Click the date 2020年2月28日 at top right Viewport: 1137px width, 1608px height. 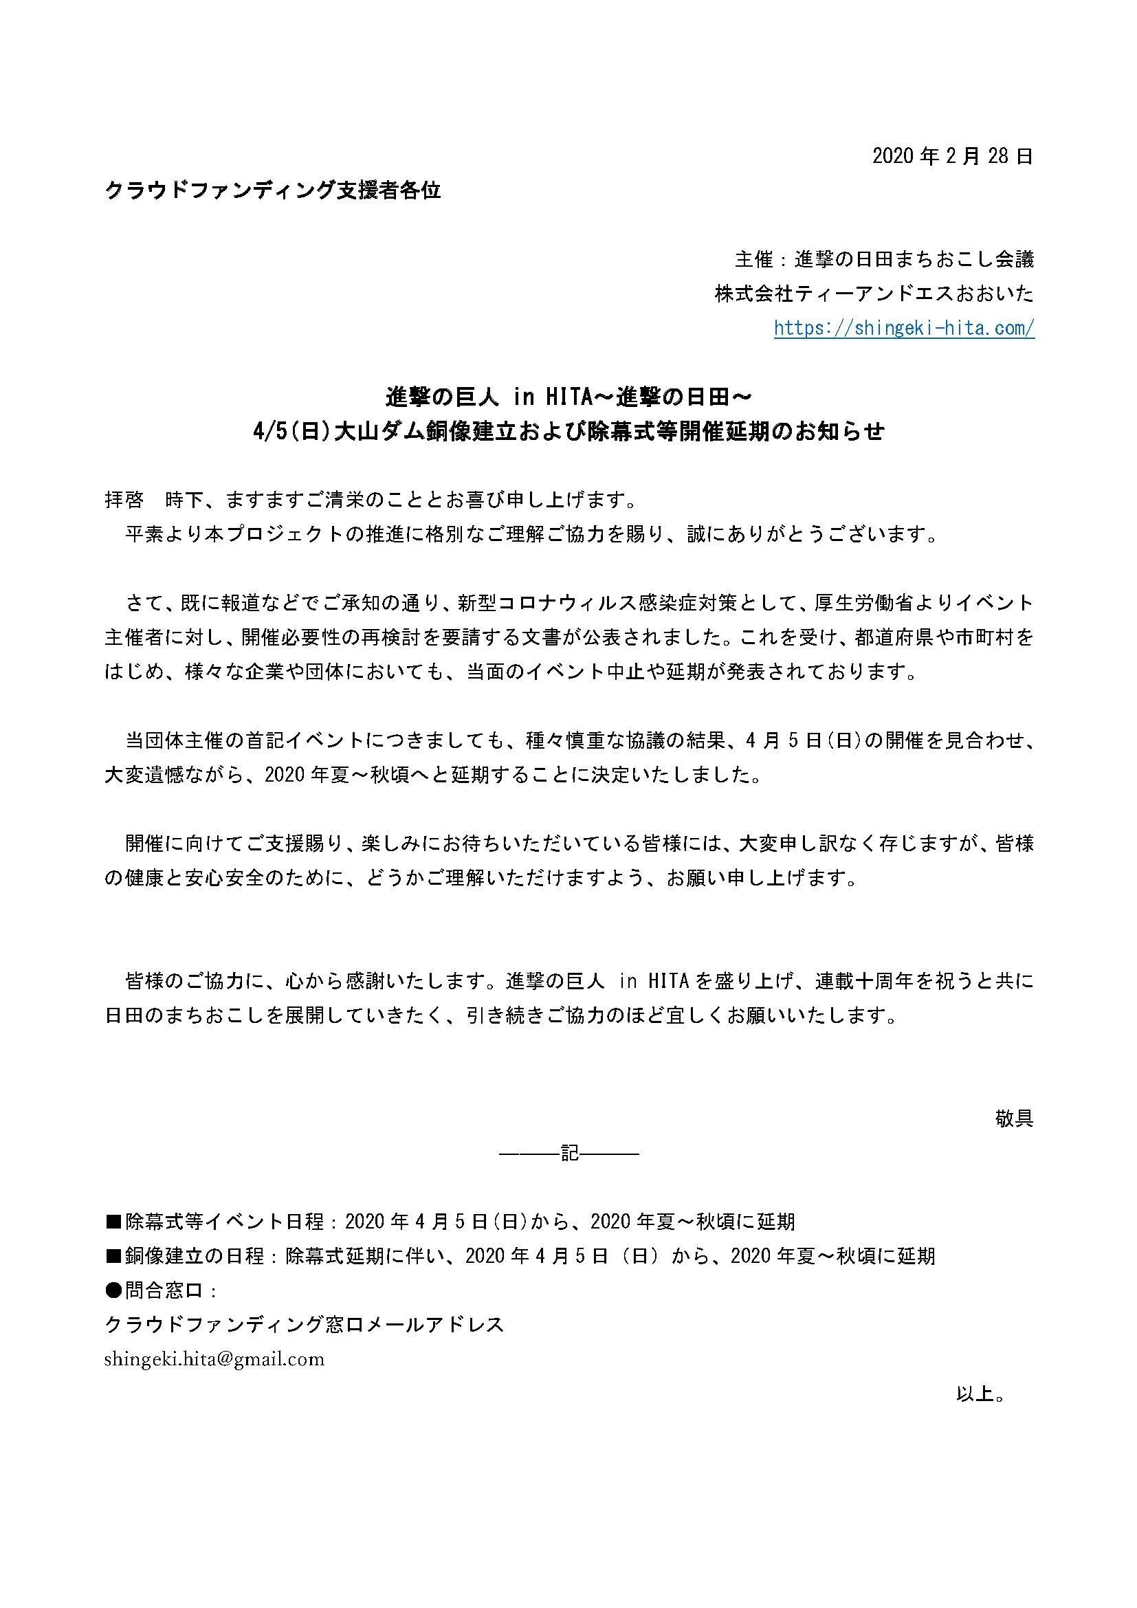[952, 156]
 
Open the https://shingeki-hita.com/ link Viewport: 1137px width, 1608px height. [904, 328]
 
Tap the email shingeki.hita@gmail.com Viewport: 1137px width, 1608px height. [214, 1359]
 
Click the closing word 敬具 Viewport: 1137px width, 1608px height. [1014, 1119]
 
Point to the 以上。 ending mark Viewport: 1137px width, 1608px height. [982, 1394]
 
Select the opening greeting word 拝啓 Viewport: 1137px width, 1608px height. [124, 500]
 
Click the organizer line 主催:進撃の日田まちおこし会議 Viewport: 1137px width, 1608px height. [884, 259]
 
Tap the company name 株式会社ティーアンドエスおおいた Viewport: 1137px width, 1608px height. [874, 294]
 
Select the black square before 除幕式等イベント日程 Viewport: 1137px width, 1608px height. [114, 1222]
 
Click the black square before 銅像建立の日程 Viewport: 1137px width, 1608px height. [114, 1257]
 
